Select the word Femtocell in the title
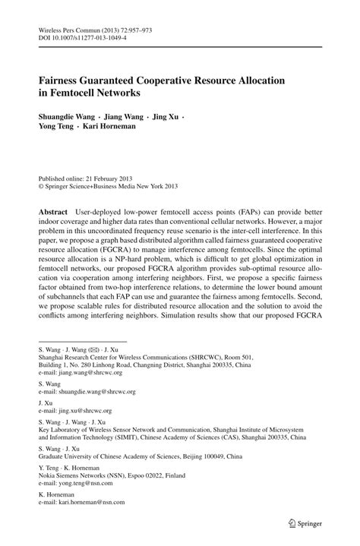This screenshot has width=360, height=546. [x=75, y=93]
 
